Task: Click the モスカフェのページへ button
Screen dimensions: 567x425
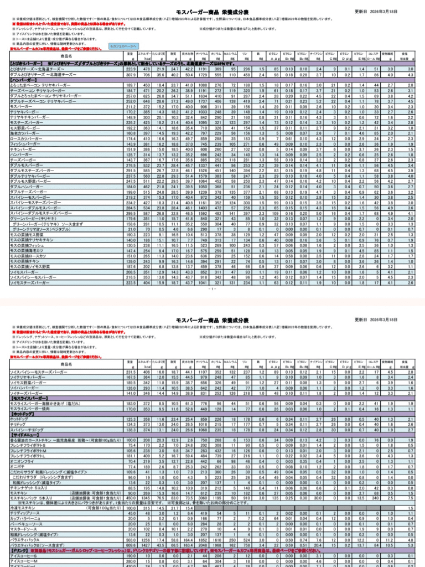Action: click(122, 47)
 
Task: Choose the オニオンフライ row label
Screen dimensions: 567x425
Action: click(22, 461)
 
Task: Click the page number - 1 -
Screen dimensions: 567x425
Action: click(212, 288)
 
